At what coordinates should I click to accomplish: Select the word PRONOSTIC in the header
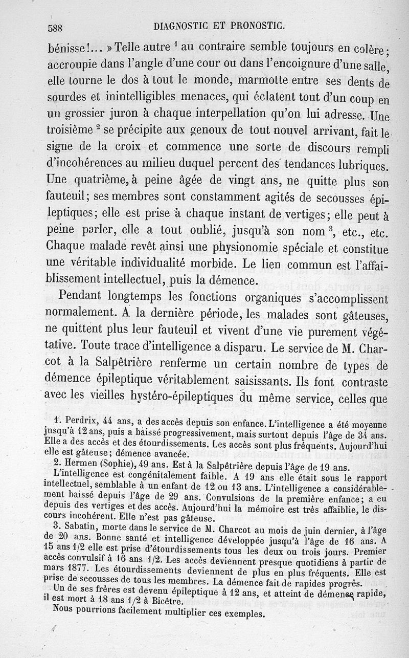tap(255, 25)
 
